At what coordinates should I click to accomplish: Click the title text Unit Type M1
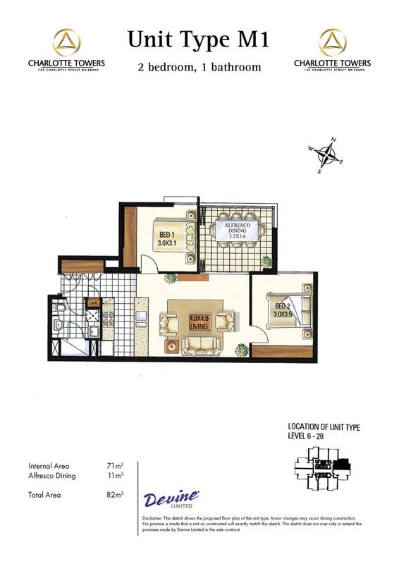pos(198,40)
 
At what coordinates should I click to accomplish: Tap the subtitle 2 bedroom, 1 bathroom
pos(199,68)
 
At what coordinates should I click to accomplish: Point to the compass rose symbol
pos(325,154)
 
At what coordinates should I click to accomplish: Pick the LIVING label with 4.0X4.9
pos(199,321)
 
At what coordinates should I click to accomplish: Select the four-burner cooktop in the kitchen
pos(93,314)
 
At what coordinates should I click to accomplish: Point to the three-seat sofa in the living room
pos(202,345)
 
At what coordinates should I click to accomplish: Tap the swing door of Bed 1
pos(149,265)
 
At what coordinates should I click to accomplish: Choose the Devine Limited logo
pos(171,501)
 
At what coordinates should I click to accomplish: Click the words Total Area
pos(44,496)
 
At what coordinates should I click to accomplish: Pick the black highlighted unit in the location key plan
pos(343,466)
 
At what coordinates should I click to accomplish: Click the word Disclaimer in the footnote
pos(152,517)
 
